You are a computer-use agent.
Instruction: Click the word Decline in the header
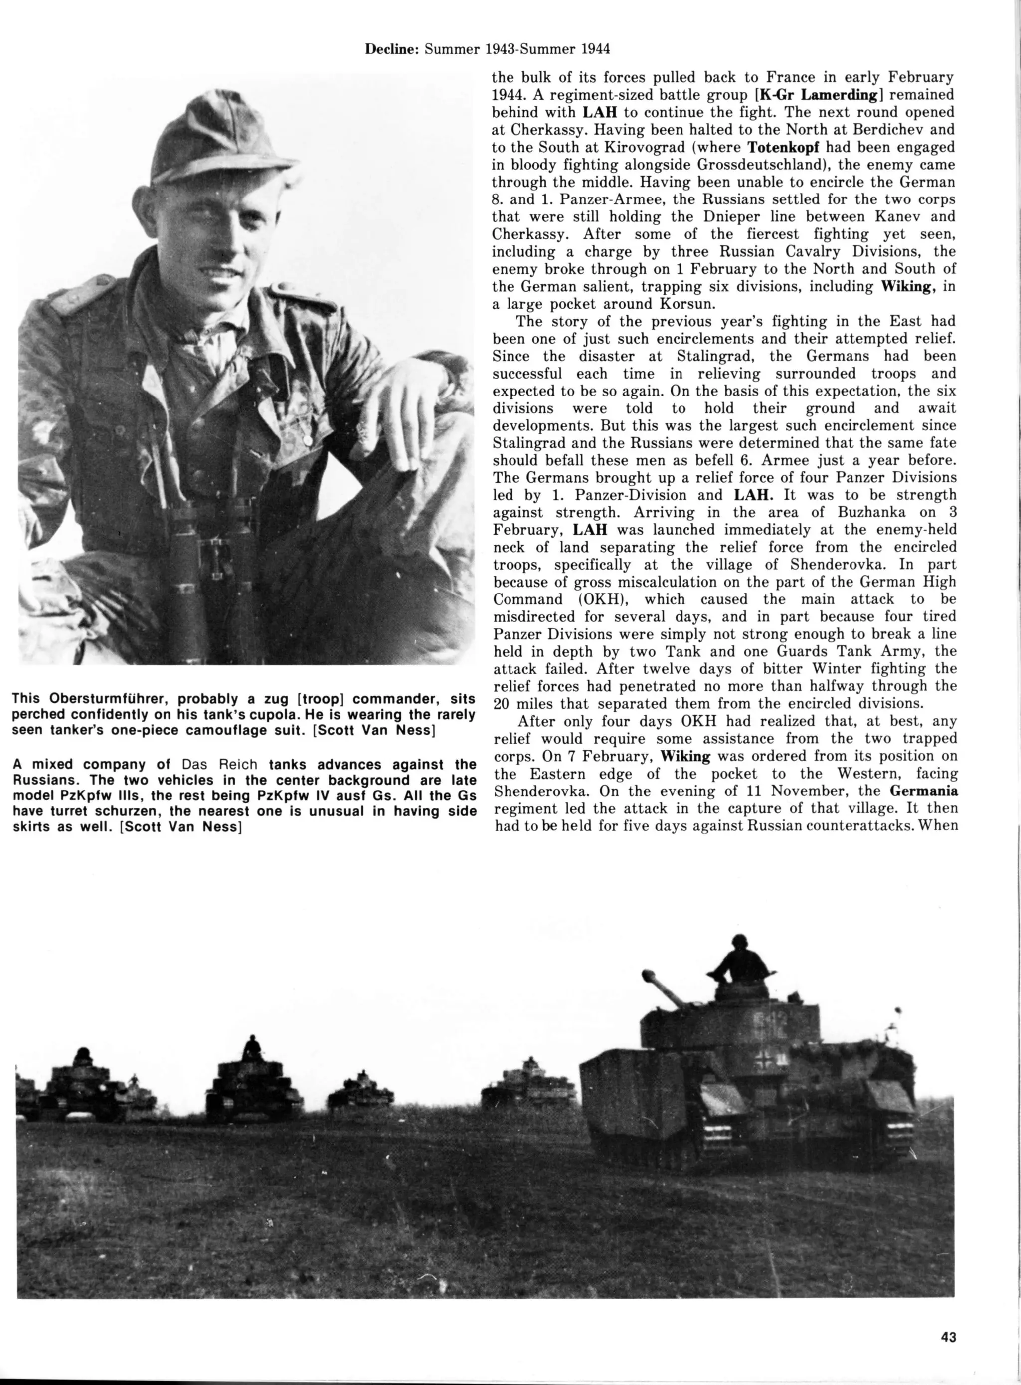point(391,49)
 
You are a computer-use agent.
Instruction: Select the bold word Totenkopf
point(783,147)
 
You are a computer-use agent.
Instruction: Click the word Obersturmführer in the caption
point(107,699)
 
